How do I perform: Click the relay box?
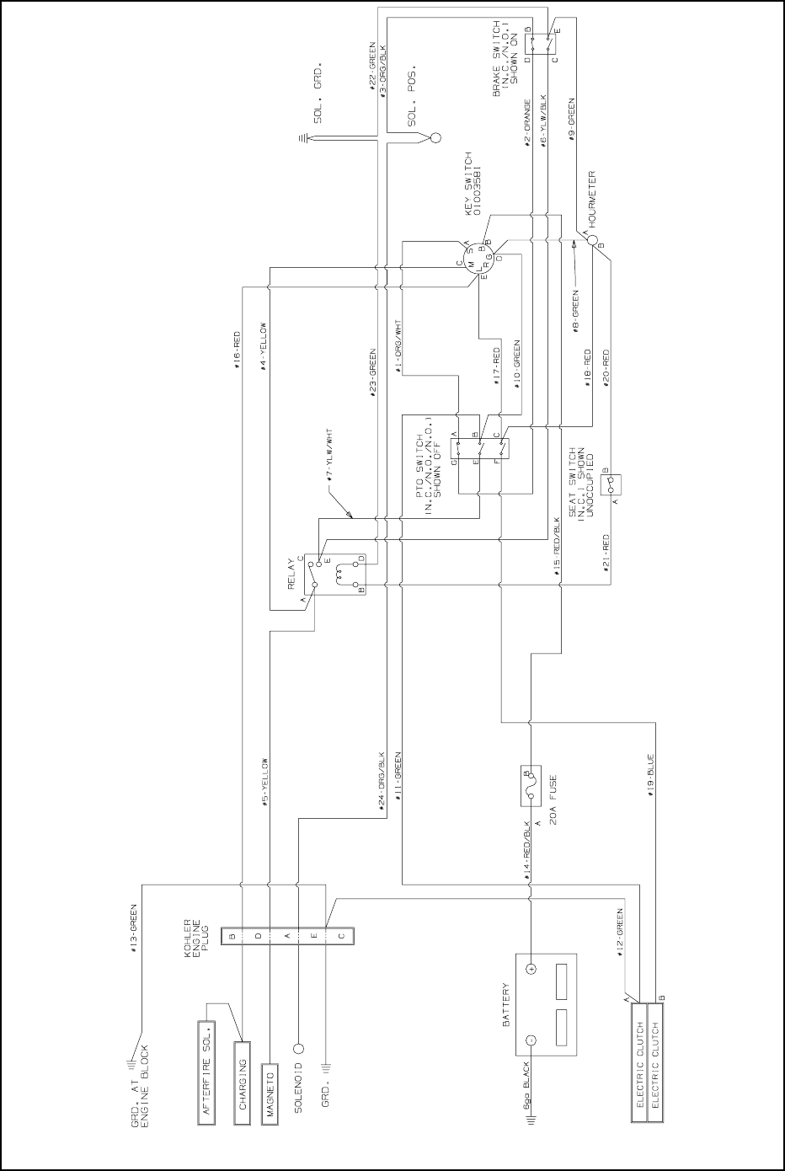point(334,574)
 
